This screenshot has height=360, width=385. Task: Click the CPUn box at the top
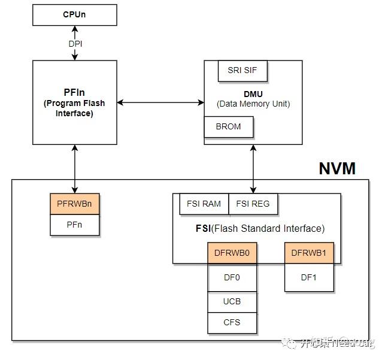74,15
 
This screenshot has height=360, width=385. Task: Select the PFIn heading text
74,93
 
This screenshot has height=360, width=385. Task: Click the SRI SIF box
242,70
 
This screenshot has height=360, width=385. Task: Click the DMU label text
253,94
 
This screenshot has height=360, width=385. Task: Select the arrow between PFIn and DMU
160,102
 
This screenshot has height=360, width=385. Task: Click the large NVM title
337,168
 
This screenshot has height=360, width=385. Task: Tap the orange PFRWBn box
74,204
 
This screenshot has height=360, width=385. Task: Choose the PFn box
74,225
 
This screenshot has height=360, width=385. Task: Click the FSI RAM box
204,204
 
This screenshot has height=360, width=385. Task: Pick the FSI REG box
253,204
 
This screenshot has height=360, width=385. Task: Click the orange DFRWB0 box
232,253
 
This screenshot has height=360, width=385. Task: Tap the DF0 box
232,277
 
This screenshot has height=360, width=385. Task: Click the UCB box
232,301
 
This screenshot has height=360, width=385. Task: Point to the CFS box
232,322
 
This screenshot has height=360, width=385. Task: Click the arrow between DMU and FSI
253,168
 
